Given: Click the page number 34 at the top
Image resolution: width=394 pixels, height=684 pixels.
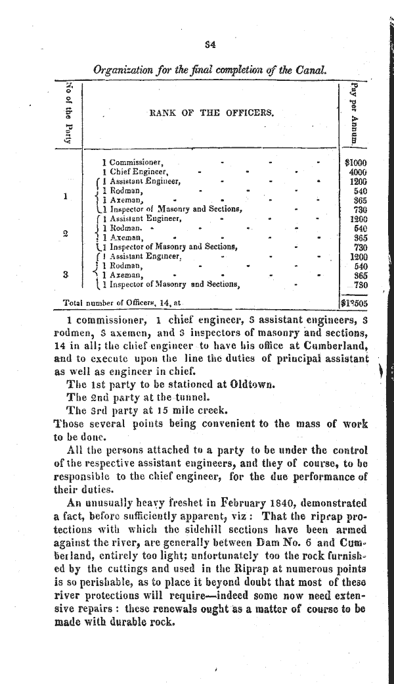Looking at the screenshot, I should tap(211, 45).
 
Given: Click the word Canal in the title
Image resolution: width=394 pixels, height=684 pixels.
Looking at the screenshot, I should tap(312, 69).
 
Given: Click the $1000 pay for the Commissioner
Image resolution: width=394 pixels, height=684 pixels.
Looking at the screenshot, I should tap(356, 162).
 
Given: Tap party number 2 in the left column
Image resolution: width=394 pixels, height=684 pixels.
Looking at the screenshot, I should tap(64, 232).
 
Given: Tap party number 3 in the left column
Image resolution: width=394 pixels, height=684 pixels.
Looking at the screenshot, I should tap(64, 275).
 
